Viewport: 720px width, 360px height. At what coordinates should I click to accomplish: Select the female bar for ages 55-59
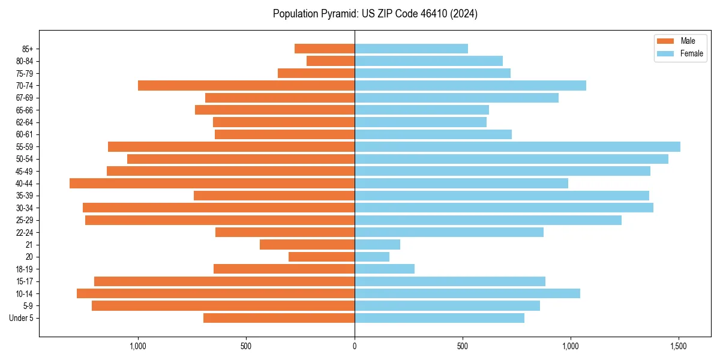coord(517,146)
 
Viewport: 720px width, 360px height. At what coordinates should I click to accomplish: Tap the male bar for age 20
coord(322,257)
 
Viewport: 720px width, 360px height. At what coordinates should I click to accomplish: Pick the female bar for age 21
coord(377,244)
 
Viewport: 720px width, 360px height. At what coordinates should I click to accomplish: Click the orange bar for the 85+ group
coord(325,49)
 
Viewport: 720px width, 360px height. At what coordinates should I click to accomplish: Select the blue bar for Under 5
coord(439,318)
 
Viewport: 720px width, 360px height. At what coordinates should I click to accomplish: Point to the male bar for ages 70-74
coord(246,85)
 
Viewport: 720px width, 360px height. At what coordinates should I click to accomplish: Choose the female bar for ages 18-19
coord(385,269)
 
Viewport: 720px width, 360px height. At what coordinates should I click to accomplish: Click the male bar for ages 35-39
coord(274,196)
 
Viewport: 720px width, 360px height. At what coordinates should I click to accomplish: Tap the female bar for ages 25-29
coord(488,220)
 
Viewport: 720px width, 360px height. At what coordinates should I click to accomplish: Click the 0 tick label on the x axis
coord(355,346)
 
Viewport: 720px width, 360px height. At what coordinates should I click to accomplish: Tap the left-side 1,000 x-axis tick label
coord(138,346)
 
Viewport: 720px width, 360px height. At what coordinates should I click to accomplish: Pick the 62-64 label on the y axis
coord(25,122)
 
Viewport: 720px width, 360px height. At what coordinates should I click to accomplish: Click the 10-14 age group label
coord(25,293)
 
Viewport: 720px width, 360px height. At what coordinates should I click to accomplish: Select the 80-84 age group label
coord(25,61)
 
